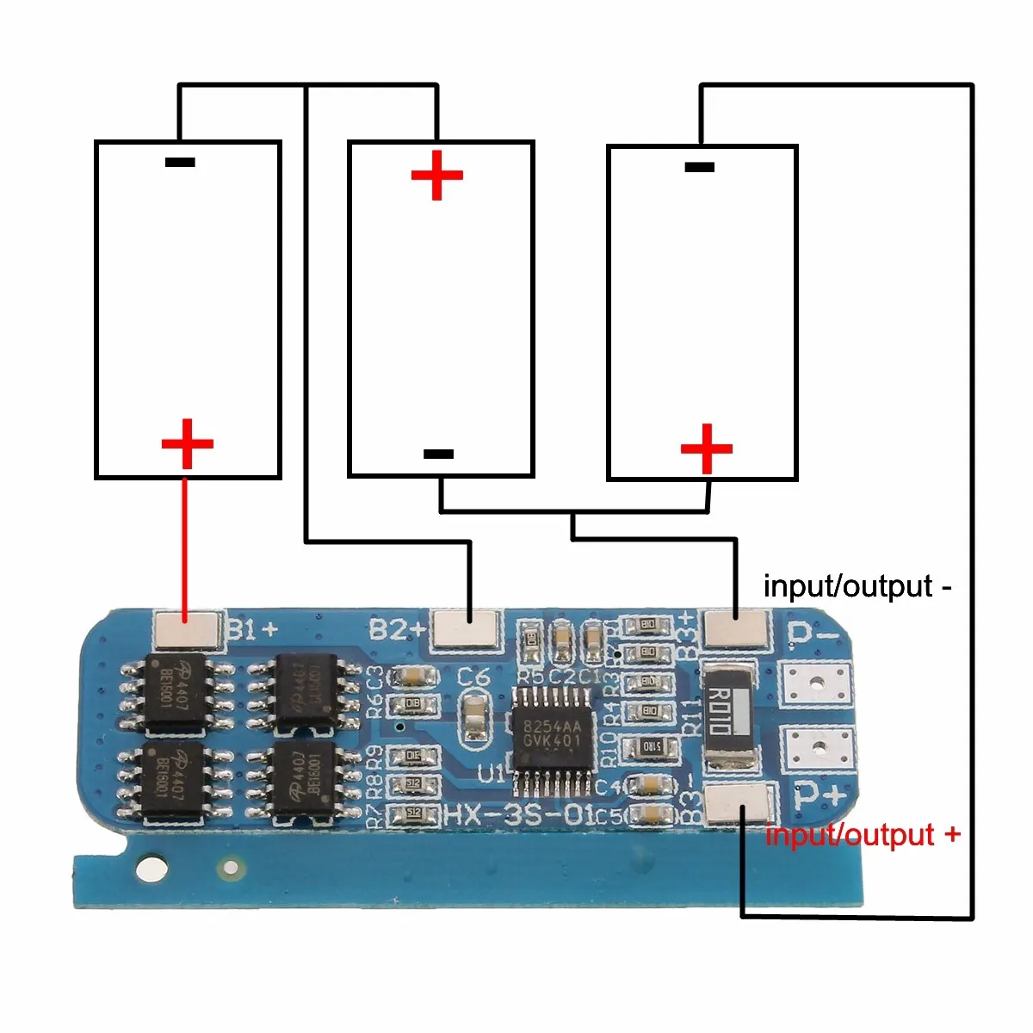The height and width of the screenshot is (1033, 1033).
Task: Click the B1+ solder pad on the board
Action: point(186,630)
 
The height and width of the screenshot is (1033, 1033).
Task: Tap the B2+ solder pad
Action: point(466,628)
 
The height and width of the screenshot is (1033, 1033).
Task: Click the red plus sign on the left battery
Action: point(187,444)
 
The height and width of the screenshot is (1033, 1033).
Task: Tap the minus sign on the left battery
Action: point(180,162)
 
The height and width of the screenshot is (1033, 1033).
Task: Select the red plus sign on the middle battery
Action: point(437,176)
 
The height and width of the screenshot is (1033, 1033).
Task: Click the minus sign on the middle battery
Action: point(439,454)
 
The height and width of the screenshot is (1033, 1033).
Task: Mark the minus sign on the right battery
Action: point(699,167)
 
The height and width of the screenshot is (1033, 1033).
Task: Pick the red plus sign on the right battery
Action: point(707,448)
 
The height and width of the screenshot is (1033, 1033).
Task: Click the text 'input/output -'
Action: point(857,586)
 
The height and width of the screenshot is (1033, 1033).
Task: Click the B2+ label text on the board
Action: point(397,629)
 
